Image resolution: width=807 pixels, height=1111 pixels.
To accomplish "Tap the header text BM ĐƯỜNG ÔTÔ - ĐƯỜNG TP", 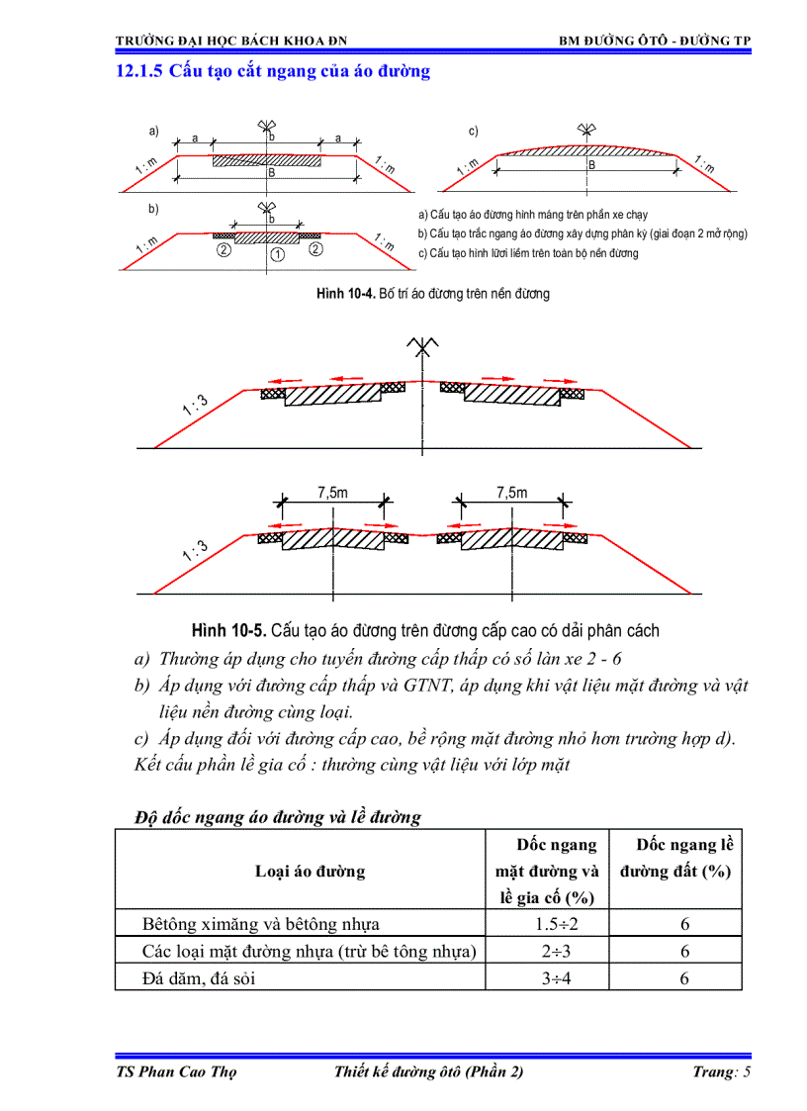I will coord(654,41).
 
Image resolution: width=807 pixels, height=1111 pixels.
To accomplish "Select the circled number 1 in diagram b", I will coord(278,254).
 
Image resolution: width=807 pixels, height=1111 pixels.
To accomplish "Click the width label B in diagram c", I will coord(591,165).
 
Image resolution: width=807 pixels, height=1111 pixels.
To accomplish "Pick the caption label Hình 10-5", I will coord(228,630).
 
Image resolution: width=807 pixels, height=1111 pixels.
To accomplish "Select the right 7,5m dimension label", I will coord(511,492).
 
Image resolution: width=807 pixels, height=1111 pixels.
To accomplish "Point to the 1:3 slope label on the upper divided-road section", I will coord(195,406).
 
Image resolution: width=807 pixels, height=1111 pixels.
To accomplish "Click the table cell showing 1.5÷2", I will coord(547,924).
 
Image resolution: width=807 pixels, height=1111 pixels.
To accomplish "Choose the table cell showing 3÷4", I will coord(547,978).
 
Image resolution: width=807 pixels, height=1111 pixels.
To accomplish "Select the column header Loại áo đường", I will coord(310,872).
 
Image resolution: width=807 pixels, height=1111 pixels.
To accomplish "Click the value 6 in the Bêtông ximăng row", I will coord(683,924).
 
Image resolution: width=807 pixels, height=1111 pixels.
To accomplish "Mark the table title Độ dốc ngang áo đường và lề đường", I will coord(278,816).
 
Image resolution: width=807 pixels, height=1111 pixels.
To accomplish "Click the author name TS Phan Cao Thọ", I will coord(176,1072).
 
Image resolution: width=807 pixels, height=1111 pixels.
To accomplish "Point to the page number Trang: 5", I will coord(721,1072).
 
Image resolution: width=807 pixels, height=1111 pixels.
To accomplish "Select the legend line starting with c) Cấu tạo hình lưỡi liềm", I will coord(528,253).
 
